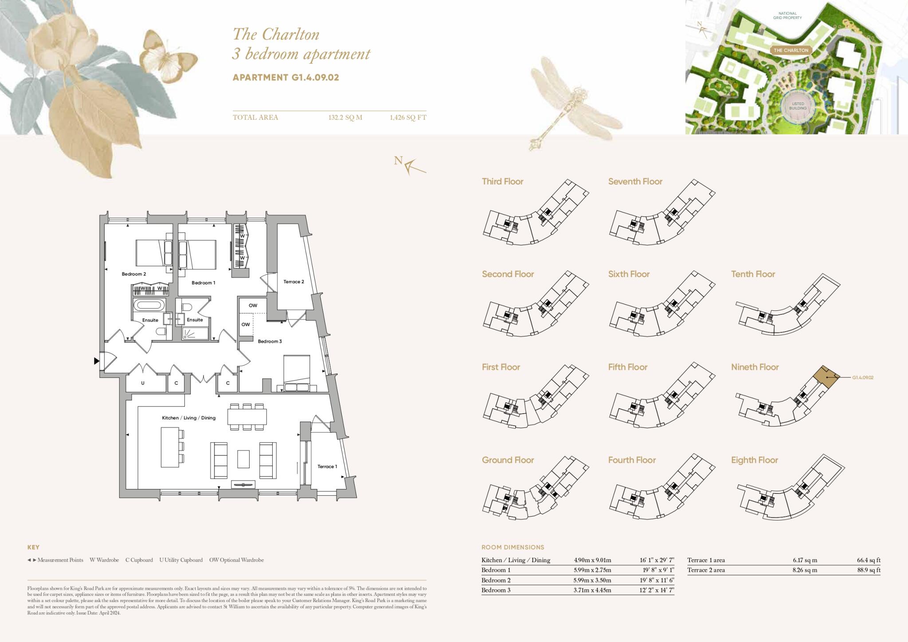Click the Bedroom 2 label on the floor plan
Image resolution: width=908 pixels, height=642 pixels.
[133, 274]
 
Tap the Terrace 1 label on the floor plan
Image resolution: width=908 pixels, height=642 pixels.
[327, 466]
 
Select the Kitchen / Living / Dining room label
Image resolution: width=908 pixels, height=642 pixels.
[188, 418]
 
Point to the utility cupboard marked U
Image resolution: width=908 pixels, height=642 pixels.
[143, 383]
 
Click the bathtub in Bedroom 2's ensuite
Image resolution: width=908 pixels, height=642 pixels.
[149, 305]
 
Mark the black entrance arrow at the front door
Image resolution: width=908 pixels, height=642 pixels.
[96, 361]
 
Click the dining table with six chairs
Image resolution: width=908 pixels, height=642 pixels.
[247, 417]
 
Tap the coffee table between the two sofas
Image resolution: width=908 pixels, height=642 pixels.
[243, 459]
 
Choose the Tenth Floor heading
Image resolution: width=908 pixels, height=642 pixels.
[753, 274]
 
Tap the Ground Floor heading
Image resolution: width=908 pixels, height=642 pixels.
[508, 460]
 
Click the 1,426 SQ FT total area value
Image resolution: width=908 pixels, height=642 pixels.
[407, 117]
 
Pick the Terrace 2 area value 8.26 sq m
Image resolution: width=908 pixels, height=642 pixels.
[805, 570]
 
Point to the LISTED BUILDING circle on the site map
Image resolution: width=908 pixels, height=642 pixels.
[798, 106]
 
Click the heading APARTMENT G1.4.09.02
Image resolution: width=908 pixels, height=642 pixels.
[286, 77]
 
